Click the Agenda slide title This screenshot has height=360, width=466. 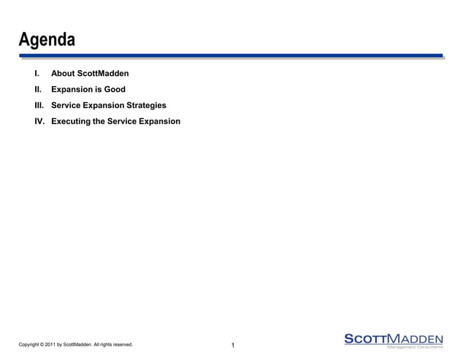(x=47, y=39)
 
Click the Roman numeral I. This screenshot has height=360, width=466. (x=37, y=74)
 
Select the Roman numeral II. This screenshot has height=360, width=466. (x=38, y=90)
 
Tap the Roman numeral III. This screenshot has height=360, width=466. (x=39, y=105)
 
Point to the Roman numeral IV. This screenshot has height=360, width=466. (x=40, y=120)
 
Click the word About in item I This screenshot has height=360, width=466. (x=64, y=74)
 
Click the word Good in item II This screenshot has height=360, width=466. (x=115, y=90)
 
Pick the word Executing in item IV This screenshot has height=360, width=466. (x=71, y=120)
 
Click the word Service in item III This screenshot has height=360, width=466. (x=66, y=105)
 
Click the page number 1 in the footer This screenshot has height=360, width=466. (x=232, y=345)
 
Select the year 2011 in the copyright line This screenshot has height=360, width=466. (x=50, y=345)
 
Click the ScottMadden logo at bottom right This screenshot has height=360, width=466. (x=393, y=338)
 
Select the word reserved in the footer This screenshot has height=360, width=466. (x=121, y=345)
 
